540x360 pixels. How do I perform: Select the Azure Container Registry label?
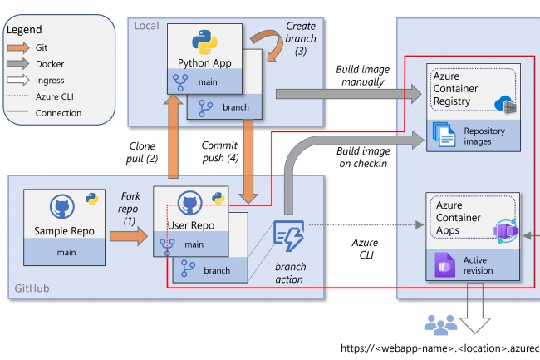coord(458,89)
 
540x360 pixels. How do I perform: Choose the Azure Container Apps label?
coord(458,218)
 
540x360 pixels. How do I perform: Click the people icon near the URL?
coord(439,323)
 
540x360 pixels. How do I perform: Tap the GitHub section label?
coord(33,289)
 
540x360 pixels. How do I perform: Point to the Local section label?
coord(146,25)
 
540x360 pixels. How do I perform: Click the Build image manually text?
coord(360,76)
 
